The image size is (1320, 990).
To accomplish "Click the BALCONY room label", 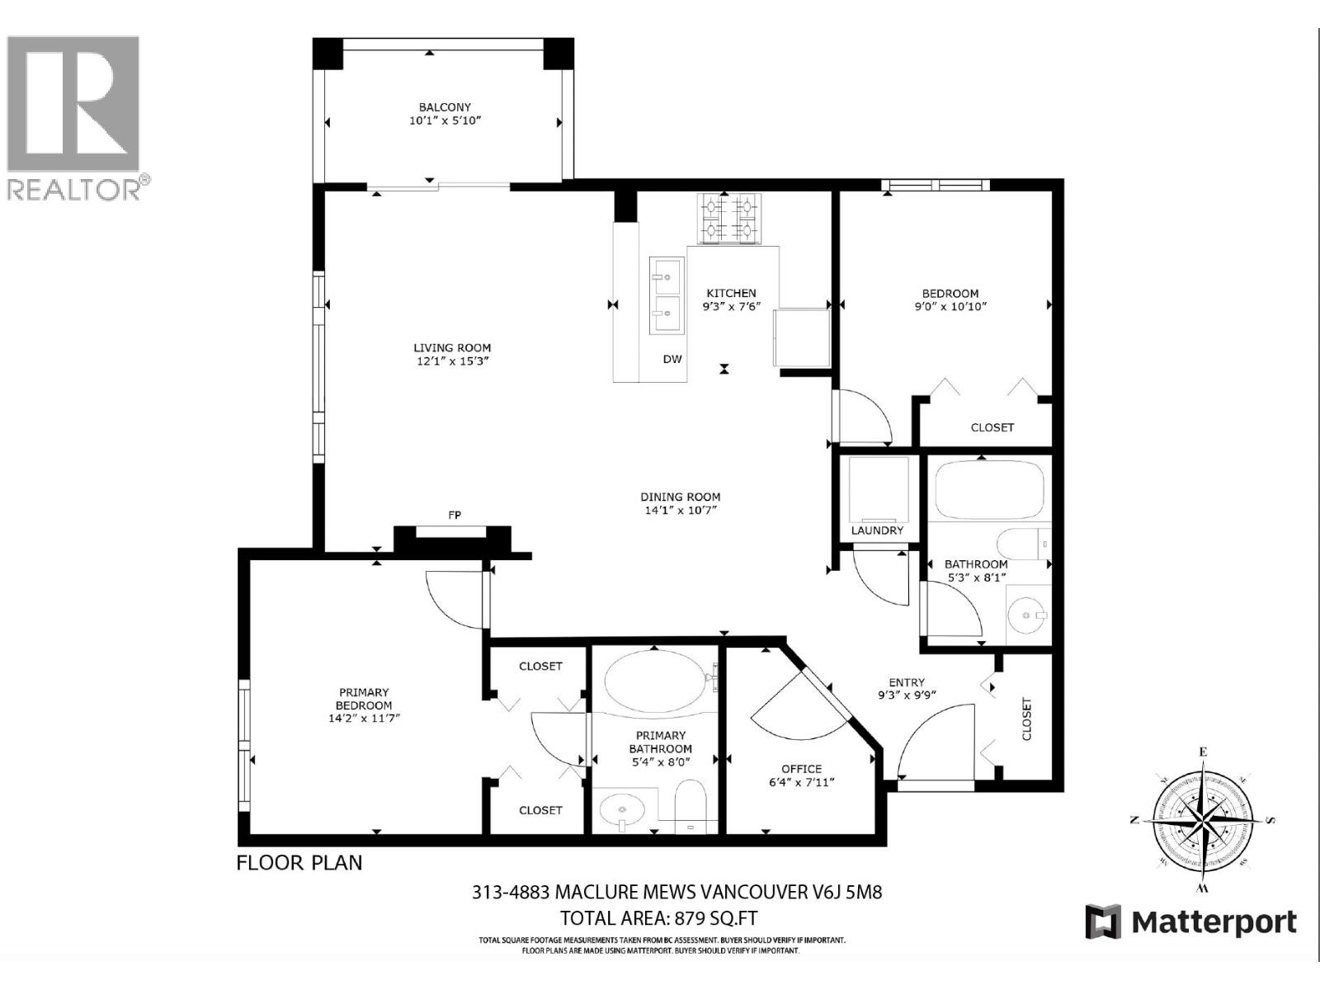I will pyautogui.click(x=444, y=107).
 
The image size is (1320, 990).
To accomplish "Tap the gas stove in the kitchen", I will pyautogui.click(x=729, y=219).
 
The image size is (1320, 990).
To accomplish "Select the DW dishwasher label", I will pyautogui.click(x=672, y=359).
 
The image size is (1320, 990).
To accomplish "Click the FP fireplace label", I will pyautogui.click(x=454, y=515).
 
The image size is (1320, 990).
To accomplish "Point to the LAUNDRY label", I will pyautogui.click(x=877, y=530).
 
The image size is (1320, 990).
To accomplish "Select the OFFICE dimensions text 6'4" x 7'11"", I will pyautogui.click(x=801, y=782).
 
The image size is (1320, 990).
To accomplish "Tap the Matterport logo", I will pyautogui.click(x=1190, y=922).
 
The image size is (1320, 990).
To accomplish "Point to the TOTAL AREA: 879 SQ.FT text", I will pyautogui.click(x=658, y=918).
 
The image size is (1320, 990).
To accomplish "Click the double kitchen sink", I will pyautogui.click(x=666, y=295).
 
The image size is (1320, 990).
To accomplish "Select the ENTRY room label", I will pyautogui.click(x=906, y=682).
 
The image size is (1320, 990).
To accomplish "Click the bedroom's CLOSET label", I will pyautogui.click(x=992, y=427).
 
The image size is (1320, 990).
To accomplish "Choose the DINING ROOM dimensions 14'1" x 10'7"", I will pyautogui.click(x=681, y=511).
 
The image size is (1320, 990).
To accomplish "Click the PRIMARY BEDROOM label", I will pyautogui.click(x=364, y=699).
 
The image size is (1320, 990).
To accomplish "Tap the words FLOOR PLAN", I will pyautogui.click(x=299, y=863).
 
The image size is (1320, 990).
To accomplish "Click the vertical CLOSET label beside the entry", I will pyautogui.click(x=1026, y=719).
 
